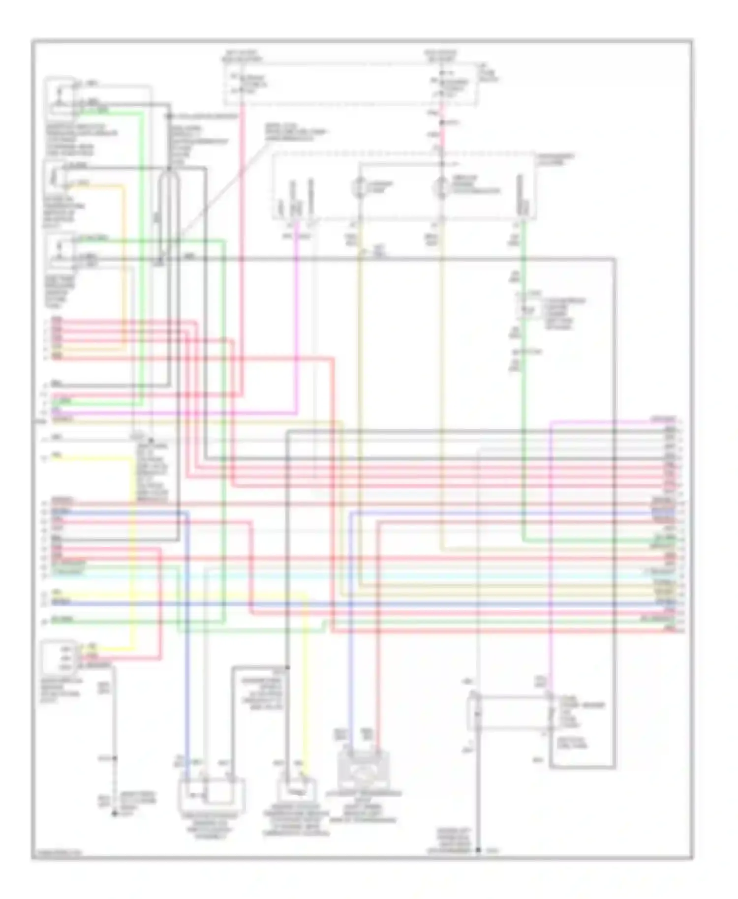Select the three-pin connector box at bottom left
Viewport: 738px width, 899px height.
pos(59,657)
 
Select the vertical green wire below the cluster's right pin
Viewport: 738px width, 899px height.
pos(523,393)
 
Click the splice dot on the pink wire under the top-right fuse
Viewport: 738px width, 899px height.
pos(441,122)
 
